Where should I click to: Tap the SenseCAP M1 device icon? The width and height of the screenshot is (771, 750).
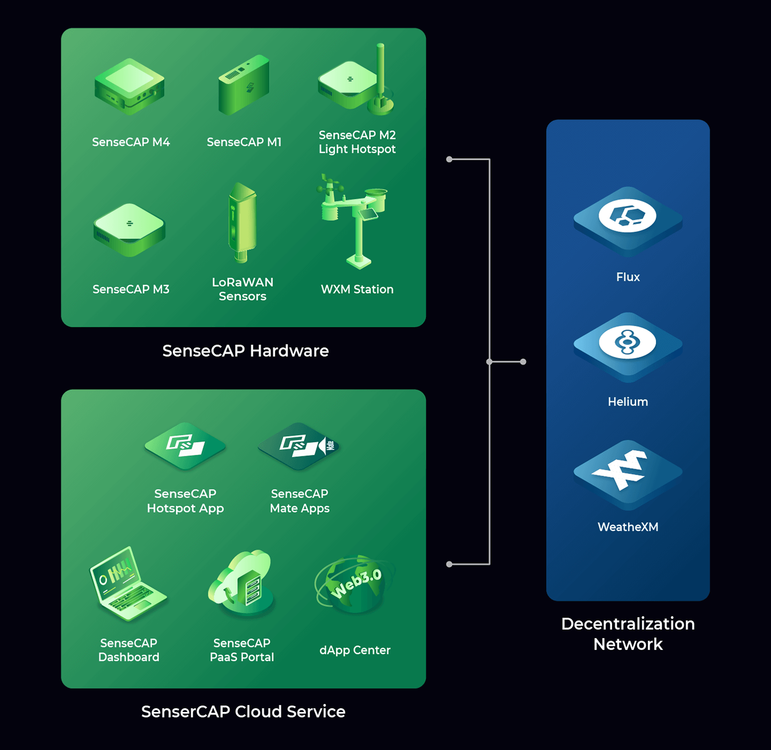pyautogui.click(x=244, y=85)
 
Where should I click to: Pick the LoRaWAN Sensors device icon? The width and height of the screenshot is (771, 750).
pyautogui.click(x=242, y=223)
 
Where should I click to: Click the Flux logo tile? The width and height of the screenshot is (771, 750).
pyautogui.click(x=628, y=219)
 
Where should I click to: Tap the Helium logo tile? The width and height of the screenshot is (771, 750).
pyautogui.click(x=628, y=345)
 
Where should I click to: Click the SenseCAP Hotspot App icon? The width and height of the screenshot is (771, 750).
pyautogui.click(x=185, y=446)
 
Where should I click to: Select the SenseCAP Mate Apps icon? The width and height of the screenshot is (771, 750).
pyautogui.click(x=299, y=446)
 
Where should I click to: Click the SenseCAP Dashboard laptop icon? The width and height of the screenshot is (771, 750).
pyautogui.click(x=127, y=584)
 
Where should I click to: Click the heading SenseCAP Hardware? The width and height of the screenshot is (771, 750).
pyautogui.click(x=245, y=351)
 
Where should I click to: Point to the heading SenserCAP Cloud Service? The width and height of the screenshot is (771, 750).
pyautogui.click(x=243, y=711)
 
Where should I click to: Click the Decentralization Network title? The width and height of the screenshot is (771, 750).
pyautogui.click(x=628, y=634)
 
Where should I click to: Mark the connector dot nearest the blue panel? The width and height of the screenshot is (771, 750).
pyautogui.click(x=523, y=362)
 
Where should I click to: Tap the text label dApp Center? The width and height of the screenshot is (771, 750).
pyautogui.click(x=355, y=650)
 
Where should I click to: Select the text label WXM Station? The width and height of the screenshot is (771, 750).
pyautogui.click(x=357, y=289)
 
